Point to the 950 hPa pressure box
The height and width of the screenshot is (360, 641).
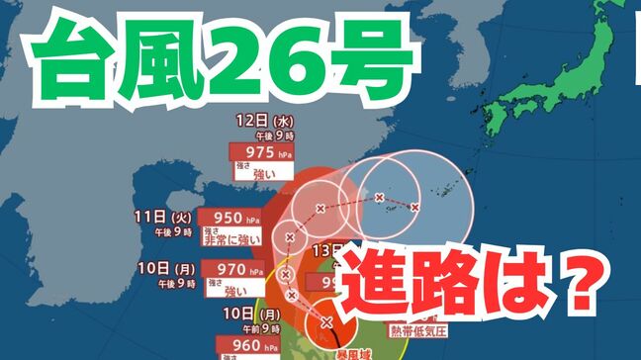point(229,219)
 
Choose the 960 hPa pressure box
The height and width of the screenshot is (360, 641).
point(240,347)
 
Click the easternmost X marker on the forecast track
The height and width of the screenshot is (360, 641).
point(415,207)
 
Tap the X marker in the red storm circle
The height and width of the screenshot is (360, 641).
point(326,321)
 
